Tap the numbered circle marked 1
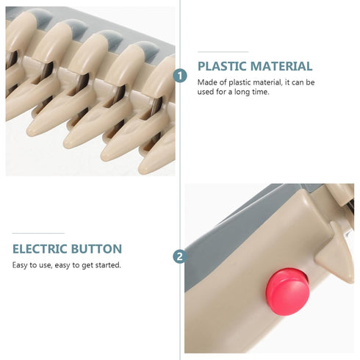pos(180,76)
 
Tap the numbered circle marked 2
pos(179,256)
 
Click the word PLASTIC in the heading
pos(226,66)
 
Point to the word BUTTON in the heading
pos(99,249)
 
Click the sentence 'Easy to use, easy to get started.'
pos(66,265)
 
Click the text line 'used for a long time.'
pos(231,92)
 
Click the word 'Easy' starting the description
pos(20,265)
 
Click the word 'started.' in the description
pos(108,265)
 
